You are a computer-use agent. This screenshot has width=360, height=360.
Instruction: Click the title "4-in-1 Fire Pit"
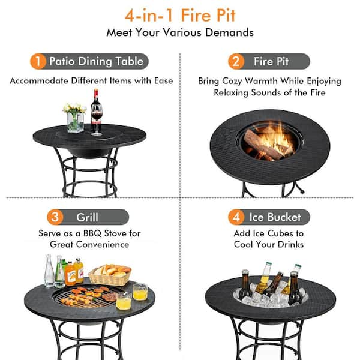(180, 14)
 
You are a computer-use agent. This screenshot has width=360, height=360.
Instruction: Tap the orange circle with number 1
(38, 61)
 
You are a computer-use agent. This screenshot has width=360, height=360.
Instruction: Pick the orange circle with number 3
(55, 217)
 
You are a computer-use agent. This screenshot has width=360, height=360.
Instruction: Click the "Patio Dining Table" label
(96, 61)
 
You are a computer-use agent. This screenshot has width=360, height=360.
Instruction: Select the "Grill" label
(88, 217)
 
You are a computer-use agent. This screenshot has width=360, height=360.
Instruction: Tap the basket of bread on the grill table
(110, 274)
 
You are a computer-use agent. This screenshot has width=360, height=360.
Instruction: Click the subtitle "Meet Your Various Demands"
(180, 32)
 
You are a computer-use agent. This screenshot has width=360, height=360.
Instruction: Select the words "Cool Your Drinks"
(269, 244)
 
